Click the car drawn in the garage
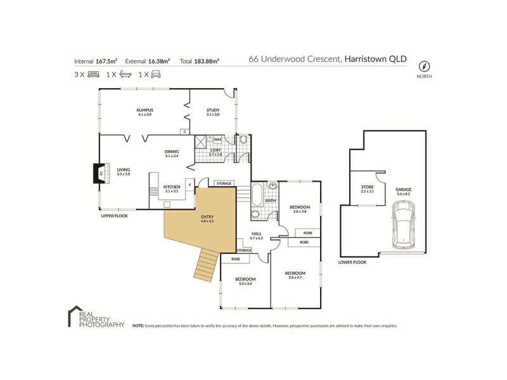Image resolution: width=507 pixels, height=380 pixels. (404, 225)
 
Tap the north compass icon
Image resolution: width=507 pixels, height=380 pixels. (424, 65)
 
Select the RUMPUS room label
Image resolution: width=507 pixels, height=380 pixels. (144, 110)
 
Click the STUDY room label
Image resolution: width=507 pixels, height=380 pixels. (212, 110)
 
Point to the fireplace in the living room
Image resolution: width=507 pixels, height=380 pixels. (98, 174)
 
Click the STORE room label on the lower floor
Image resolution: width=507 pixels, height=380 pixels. (367, 188)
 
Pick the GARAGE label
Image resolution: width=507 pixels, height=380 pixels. (403, 188)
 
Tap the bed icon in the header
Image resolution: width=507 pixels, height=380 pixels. (93, 74)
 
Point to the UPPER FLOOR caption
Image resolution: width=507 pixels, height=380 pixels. (115, 216)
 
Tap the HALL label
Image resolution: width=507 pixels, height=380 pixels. (257, 234)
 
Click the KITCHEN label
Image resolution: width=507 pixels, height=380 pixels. (172, 187)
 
